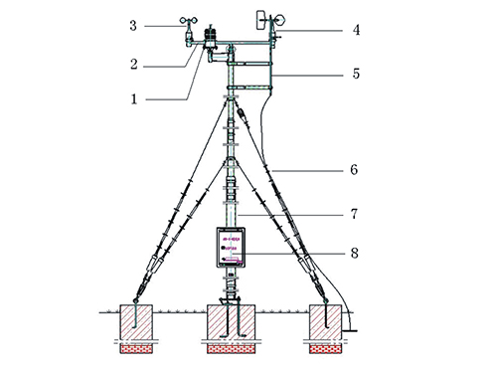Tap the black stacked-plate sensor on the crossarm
coord(211,39)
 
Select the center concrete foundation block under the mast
coord(234,323)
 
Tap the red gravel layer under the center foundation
coord(234,349)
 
